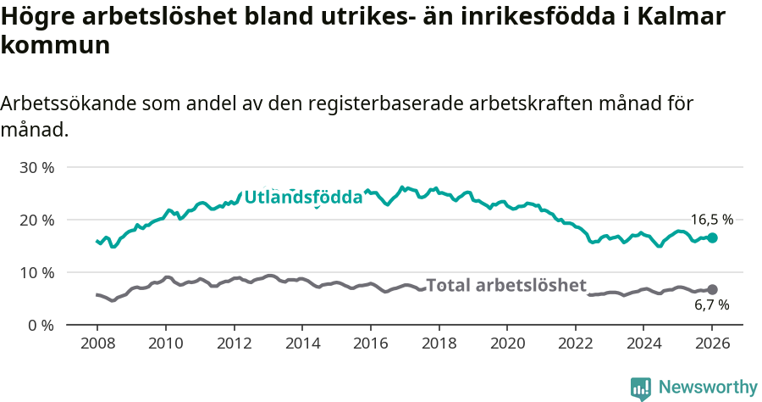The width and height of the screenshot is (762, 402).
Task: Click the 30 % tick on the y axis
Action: [36, 167]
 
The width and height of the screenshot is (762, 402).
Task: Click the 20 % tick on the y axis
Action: [36, 220]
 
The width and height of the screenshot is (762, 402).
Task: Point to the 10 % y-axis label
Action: [36, 272]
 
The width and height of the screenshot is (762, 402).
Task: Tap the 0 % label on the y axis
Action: [40, 325]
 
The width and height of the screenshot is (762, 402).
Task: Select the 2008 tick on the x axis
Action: [97, 344]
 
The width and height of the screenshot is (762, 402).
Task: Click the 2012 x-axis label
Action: [234, 344]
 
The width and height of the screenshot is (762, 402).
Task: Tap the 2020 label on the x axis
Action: [507, 344]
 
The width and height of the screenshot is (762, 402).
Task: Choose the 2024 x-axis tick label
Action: [643, 344]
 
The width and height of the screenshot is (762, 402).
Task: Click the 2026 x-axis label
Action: [712, 344]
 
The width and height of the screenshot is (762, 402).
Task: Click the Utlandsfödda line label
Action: [303, 198]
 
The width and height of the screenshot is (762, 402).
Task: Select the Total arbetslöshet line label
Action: [505, 285]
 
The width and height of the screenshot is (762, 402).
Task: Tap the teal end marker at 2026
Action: [712, 238]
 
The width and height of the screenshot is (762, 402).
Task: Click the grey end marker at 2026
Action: [712, 290]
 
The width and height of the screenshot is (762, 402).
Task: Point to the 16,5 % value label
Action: [711, 220]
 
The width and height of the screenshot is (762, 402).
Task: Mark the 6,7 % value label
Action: [711, 305]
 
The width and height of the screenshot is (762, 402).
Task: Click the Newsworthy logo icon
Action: [641, 388]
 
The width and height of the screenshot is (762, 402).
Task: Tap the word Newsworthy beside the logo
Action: [708, 388]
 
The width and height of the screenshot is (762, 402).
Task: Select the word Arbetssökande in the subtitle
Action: [69, 103]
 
